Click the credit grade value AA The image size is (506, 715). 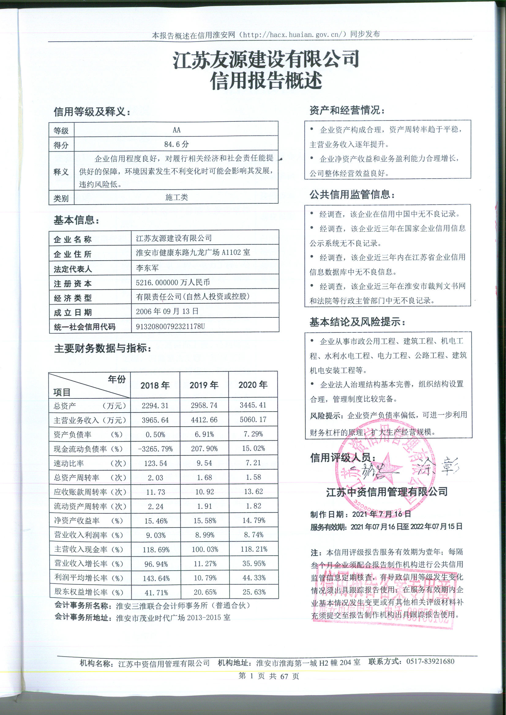click(x=176, y=130)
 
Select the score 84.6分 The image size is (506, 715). click(x=176, y=144)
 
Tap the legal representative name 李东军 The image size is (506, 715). click(x=147, y=268)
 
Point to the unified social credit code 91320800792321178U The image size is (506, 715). click(x=170, y=326)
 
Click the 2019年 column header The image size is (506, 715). click(x=204, y=385)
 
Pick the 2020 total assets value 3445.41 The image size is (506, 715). click(x=253, y=405)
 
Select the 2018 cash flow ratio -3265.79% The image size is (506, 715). click(x=155, y=449)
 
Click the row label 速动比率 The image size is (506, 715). click(x=69, y=463)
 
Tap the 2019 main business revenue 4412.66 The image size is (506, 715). click(x=204, y=420)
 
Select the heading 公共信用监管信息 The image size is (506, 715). click(x=352, y=194)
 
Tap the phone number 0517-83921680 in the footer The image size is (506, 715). click(x=430, y=661)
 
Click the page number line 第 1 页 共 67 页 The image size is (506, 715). click(x=269, y=676)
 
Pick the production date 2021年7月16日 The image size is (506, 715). click(x=382, y=514)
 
